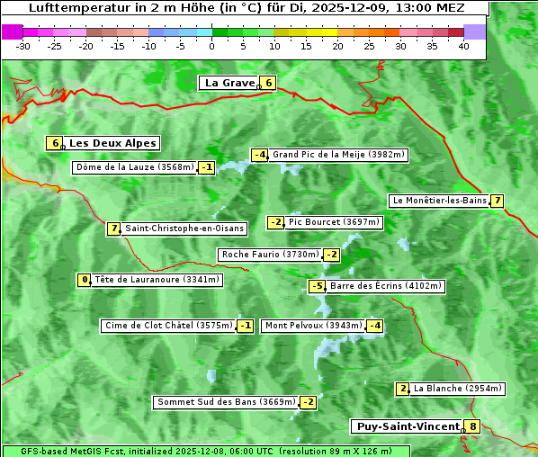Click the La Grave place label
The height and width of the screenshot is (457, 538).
coord(229,83)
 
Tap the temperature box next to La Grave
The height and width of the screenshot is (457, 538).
coord(268,83)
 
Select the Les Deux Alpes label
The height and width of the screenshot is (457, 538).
coord(112,143)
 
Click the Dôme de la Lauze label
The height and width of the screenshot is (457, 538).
coord(135,167)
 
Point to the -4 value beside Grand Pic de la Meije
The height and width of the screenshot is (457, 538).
coord(259,155)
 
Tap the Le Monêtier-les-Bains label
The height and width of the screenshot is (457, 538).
coord(439,201)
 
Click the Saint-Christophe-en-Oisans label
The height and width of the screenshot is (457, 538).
coord(184,228)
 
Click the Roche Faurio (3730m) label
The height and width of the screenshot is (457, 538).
coord(270,255)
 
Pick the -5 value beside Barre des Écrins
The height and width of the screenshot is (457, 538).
coord(317,286)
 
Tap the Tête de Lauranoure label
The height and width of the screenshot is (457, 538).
coord(157,280)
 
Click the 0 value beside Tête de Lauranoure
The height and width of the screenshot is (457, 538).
coord(85,280)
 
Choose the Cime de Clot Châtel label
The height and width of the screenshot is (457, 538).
coord(168,326)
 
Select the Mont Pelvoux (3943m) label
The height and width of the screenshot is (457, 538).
coord(313,326)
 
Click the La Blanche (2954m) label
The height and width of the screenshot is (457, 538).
coord(457,389)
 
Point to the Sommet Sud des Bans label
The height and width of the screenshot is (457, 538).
coord(225,402)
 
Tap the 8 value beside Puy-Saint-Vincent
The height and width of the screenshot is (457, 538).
coord(473,426)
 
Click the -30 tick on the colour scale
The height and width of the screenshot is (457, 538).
coord(23,45)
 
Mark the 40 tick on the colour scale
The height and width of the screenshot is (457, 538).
coord(463,45)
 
